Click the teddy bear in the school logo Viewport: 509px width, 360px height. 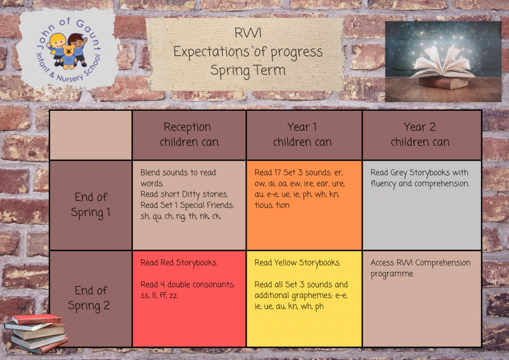[68, 57]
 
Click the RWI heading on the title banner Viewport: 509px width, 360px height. [248, 33]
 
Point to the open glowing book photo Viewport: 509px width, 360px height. [443, 62]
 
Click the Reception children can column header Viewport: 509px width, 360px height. [189, 134]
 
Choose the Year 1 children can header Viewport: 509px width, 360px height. [302, 134]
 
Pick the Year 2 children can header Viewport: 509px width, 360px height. [420, 134]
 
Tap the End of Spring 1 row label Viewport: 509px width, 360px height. [91, 205]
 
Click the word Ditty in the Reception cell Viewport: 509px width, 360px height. [191, 195]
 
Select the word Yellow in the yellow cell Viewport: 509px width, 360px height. [285, 262]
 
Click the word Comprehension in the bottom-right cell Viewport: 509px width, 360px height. [443, 263]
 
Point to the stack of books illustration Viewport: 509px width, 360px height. [36, 333]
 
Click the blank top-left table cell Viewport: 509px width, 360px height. [91, 135]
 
